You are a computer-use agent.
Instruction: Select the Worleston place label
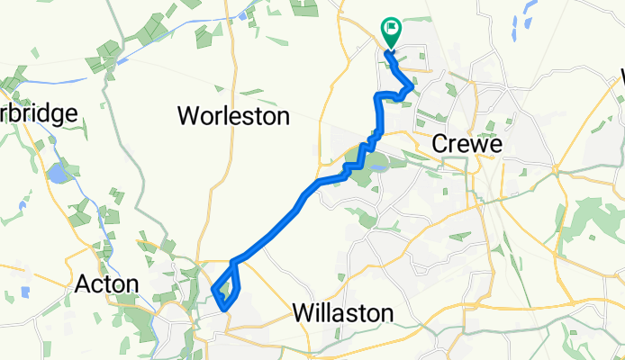coord(234,116)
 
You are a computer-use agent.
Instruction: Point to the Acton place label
coord(105,285)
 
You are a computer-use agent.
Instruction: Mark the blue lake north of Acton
coord(57,172)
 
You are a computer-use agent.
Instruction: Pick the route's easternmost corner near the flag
coord(412,87)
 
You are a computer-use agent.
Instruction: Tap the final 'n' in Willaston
coord(387,314)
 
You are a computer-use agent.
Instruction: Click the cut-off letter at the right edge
coord(620,79)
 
